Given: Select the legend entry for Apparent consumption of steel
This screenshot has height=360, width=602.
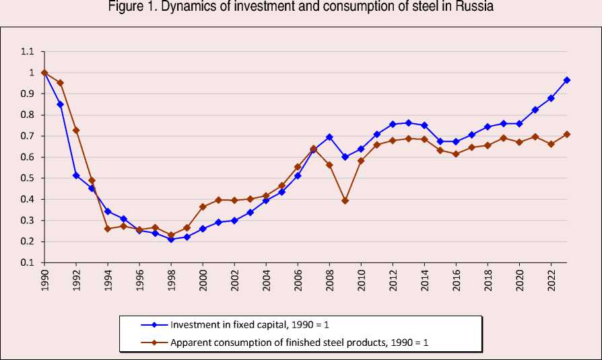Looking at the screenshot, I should pos(299,342).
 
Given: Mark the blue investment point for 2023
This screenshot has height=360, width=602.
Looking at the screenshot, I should pos(567,80).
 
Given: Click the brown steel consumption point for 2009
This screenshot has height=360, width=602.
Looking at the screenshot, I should pos(345,201).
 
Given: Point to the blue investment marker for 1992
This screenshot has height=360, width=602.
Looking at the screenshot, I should pos(76,176).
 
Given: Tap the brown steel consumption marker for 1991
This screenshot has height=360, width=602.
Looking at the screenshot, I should pos(61,83).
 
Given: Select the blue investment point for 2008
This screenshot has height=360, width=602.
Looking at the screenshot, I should pos(329,137).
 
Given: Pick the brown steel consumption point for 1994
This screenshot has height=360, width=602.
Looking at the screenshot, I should pos(108,229).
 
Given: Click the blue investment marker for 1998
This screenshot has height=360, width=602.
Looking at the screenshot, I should pos(171,239).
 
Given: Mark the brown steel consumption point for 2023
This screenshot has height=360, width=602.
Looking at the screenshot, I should pos(567,135).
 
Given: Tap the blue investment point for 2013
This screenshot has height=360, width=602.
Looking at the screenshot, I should pos(409,123).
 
